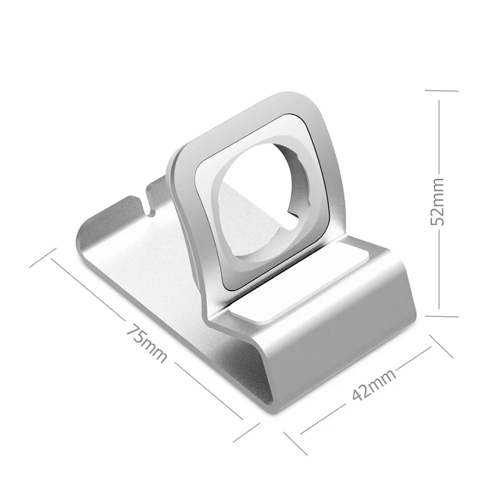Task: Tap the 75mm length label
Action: [146, 343]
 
